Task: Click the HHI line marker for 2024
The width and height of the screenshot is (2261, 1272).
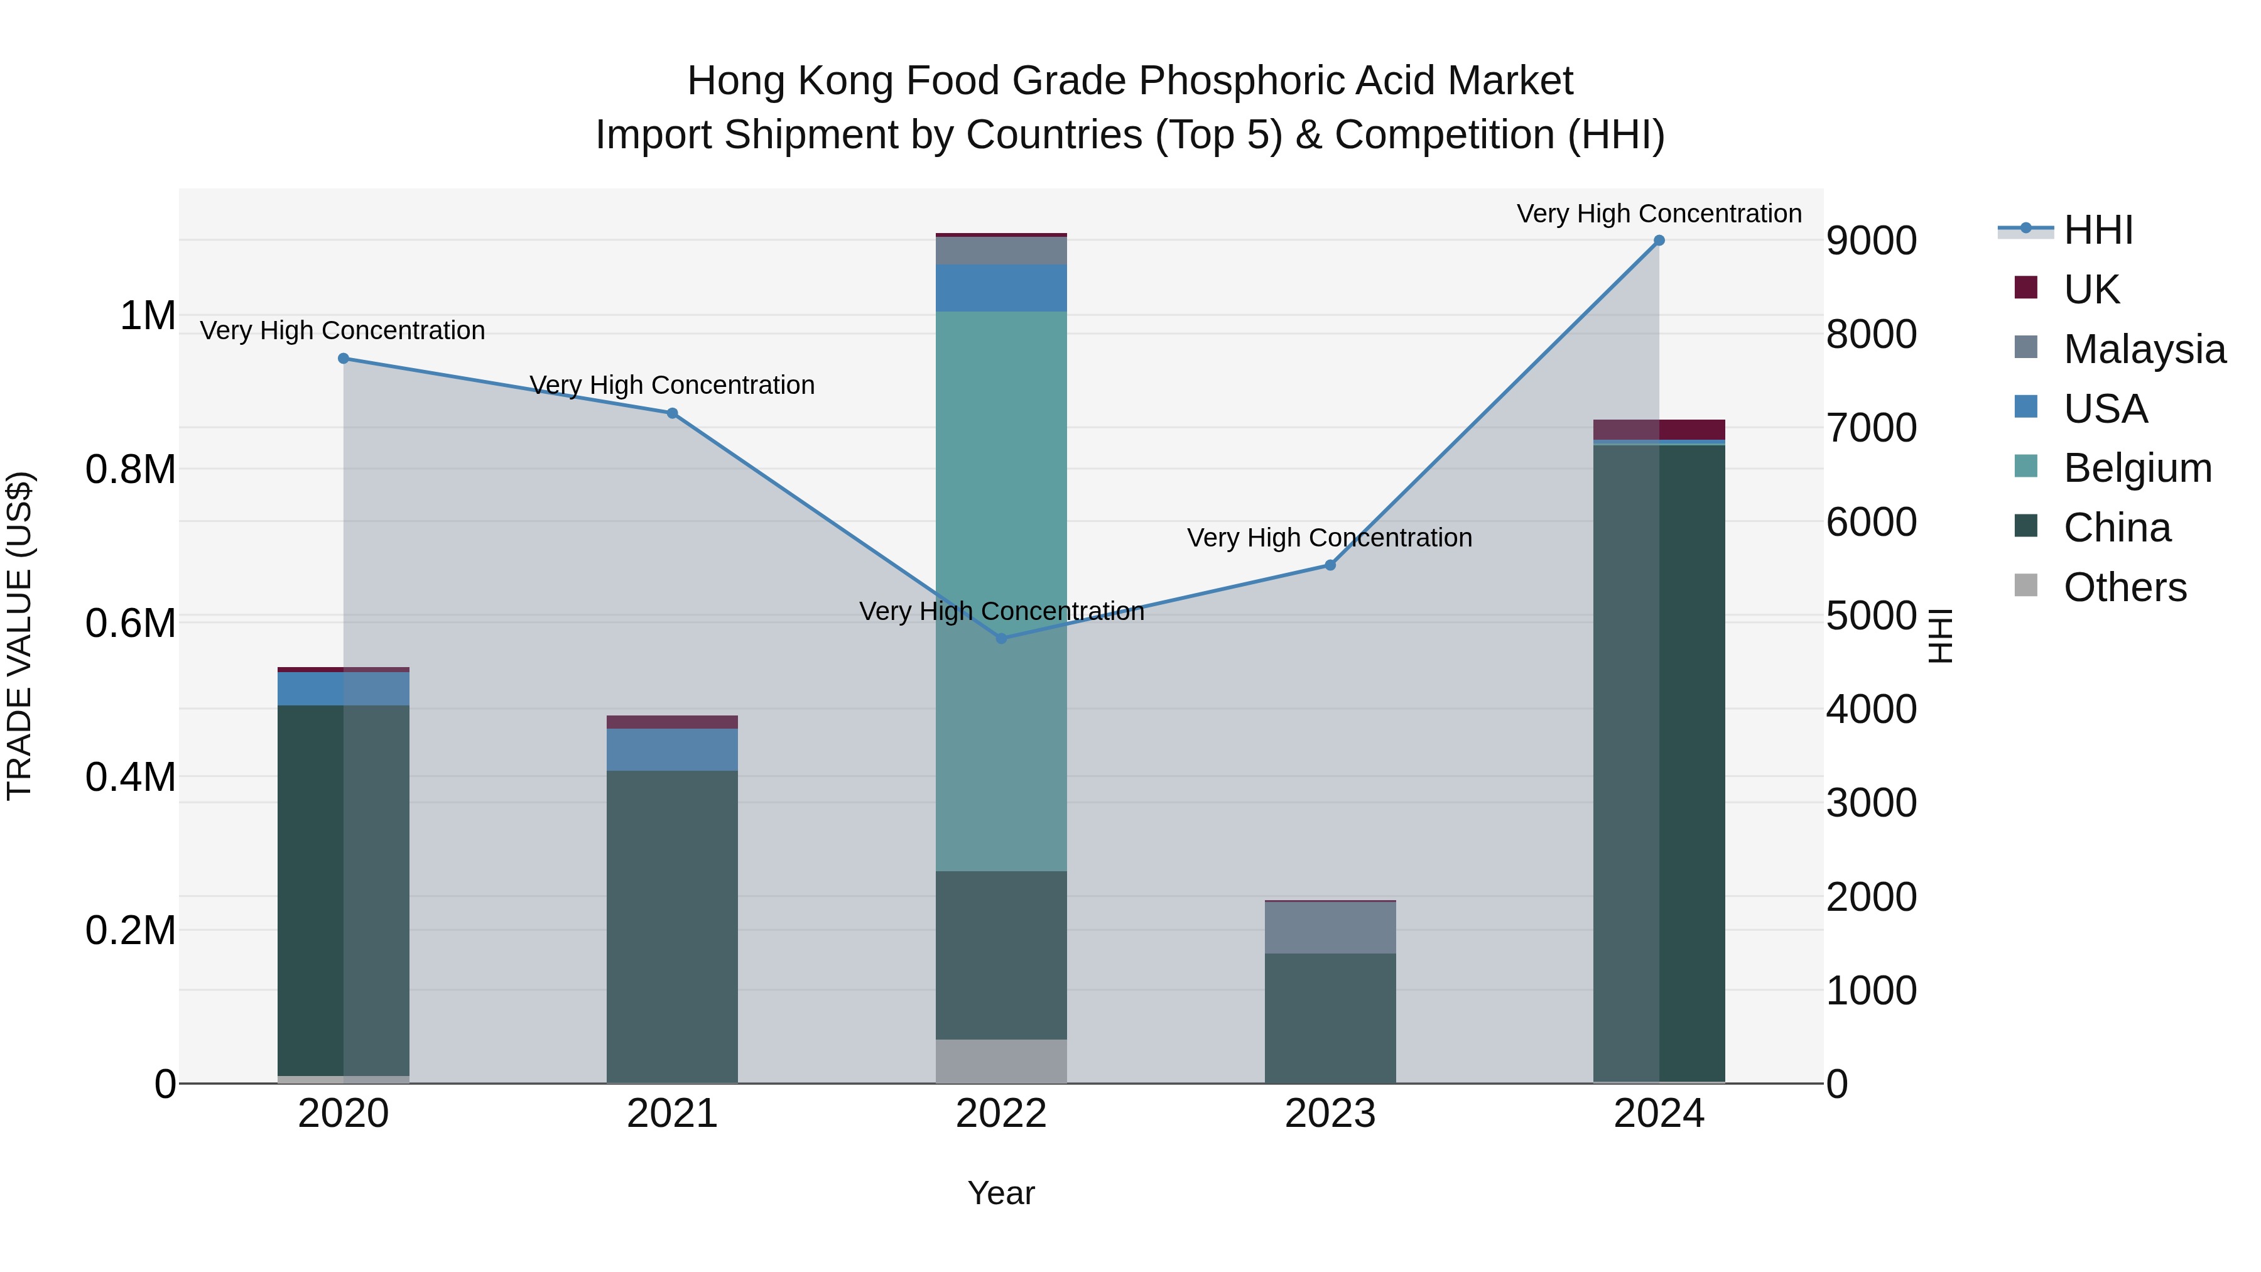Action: pyautogui.click(x=1658, y=241)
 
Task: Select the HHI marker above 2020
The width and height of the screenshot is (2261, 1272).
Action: pyautogui.click(x=343, y=358)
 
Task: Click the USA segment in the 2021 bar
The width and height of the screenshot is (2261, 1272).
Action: pyautogui.click(x=671, y=749)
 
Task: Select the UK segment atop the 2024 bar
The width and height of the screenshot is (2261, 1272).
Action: pyautogui.click(x=1658, y=429)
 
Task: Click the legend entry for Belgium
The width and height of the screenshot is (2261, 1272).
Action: pyautogui.click(x=2137, y=468)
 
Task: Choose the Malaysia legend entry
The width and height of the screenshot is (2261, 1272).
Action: pyautogui.click(x=2144, y=349)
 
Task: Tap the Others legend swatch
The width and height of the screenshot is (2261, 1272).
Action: pyautogui.click(x=2025, y=585)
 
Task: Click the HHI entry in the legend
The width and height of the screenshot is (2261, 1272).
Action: pyautogui.click(x=2098, y=230)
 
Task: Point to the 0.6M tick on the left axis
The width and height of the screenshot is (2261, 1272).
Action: pyautogui.click(x=130, y=623)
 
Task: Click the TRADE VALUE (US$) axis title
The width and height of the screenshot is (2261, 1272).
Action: pyautogui.click(x=19, y=636)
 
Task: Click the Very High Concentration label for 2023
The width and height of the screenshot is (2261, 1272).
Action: pyautogui.click(x=1329, y=537)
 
